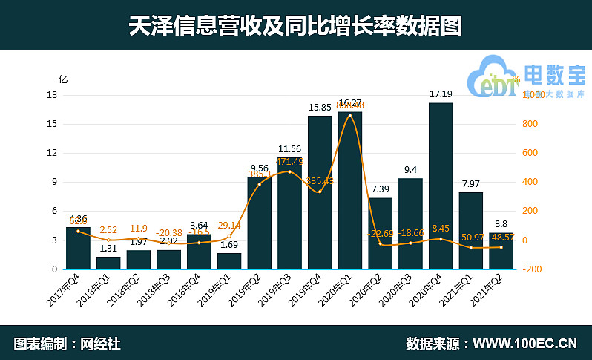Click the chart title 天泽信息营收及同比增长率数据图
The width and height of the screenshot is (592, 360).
(295, 26)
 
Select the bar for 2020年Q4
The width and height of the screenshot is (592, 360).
(441, 186)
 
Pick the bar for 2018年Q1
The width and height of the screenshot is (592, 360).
(108, 262)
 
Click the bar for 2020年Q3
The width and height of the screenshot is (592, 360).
(410, 223)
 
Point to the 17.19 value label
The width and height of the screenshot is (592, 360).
(441, 94)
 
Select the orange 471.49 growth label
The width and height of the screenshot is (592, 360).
(290, 162)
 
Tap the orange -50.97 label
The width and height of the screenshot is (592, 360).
(472, 238)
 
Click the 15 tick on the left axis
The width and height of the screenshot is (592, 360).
(53, 124)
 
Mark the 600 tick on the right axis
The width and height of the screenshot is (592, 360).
(527, 153)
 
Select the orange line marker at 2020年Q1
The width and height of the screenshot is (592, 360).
(350, 115)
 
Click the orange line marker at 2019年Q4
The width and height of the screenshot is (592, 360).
(320, 192)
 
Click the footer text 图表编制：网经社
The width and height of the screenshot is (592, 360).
(67, 344)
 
